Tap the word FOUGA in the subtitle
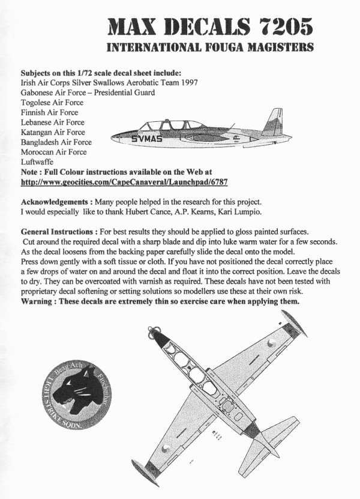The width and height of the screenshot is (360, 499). tap(221, 46)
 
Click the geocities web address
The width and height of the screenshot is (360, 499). tap(126, 180)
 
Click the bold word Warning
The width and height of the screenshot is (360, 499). tap(40, 301)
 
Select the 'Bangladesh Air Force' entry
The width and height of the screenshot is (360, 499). tap(56, 142)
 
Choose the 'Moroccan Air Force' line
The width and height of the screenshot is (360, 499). tap(53, 152)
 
